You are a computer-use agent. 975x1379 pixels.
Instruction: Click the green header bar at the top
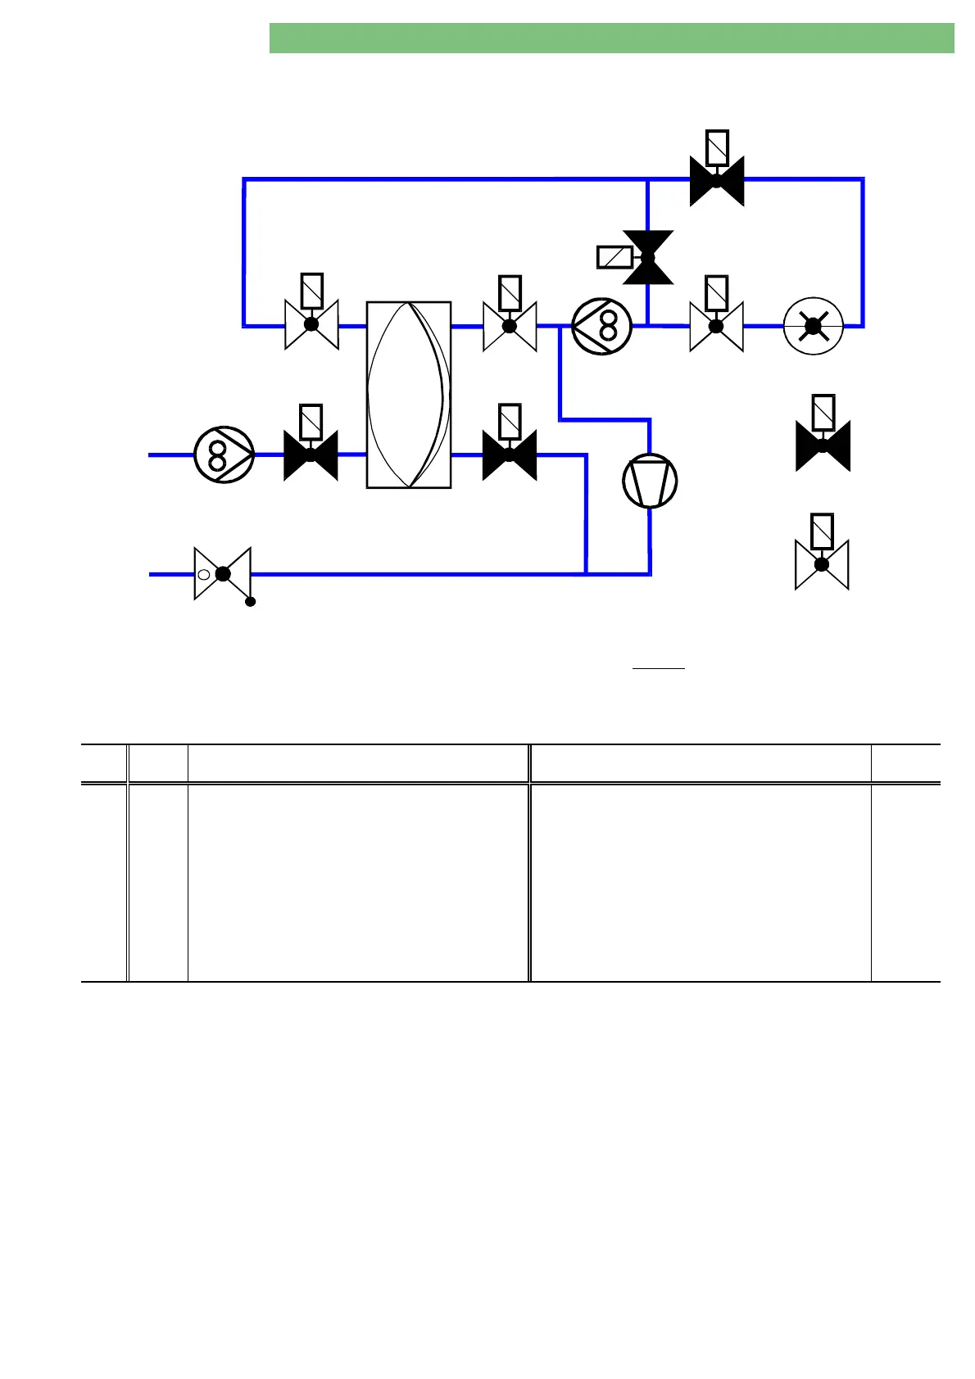click(611, 38)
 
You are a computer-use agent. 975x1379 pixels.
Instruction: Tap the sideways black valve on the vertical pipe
click(648, 257)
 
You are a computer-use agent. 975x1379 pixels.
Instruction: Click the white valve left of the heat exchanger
click(311, 325)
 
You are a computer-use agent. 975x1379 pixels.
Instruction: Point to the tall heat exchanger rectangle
click(409, 395)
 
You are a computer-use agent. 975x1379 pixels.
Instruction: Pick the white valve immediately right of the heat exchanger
click(510, 326)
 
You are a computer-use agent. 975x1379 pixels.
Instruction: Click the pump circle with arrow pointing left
click(602, 326)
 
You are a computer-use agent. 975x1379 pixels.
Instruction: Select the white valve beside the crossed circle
click(716, 326)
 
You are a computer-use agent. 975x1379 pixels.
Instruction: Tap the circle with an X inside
click(813, 326)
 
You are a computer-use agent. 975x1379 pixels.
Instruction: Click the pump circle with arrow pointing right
click(224, 454)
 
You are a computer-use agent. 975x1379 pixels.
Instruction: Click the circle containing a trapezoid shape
click(651, 481)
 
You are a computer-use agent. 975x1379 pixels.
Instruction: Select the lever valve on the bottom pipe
click(222, 574)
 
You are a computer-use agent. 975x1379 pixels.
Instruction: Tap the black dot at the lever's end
click(251, 602)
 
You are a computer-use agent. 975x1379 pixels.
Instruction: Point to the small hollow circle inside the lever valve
click(204, 574)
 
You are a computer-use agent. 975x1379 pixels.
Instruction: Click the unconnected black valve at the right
click(823, 445)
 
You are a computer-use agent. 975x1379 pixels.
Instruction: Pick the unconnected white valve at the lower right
click(822, 565)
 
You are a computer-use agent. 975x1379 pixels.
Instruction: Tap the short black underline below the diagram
click(659, 669)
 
